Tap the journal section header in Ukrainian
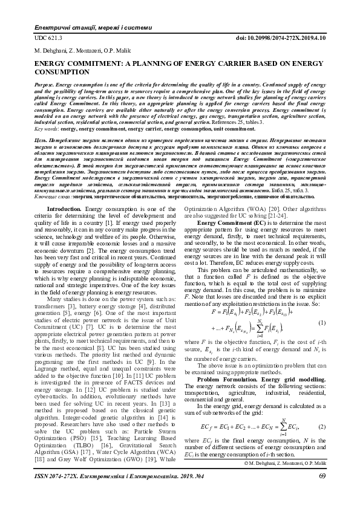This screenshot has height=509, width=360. pos(75,28)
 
